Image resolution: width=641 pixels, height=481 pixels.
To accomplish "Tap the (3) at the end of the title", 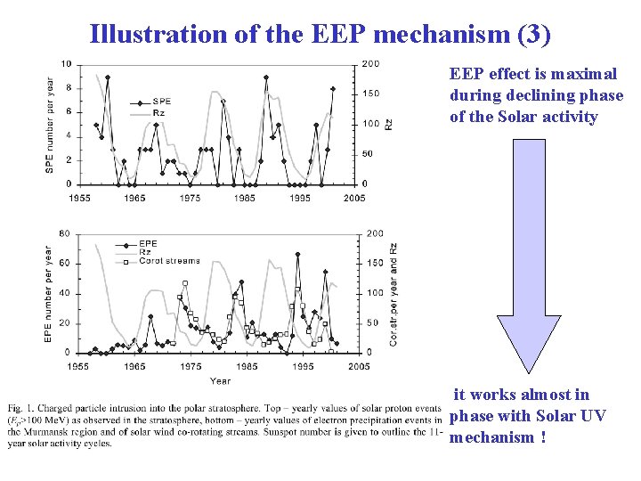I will point(533,35).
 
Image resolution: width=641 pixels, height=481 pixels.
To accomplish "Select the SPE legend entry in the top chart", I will point(161,101).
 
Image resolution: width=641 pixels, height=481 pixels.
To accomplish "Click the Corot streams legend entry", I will point(174,261).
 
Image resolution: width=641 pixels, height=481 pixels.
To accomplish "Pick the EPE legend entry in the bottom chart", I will point(148,242).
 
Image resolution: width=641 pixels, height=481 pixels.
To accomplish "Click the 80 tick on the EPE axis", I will point(65,233).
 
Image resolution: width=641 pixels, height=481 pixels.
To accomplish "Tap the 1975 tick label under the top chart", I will point(190,198).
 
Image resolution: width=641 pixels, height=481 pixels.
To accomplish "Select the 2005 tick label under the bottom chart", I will point(359,367).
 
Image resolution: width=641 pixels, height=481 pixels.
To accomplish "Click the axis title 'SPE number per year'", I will point(51,125).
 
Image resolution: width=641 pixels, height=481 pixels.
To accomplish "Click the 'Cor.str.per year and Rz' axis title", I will point(393,294).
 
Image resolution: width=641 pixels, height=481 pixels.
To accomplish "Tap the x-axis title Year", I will point(220,380).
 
